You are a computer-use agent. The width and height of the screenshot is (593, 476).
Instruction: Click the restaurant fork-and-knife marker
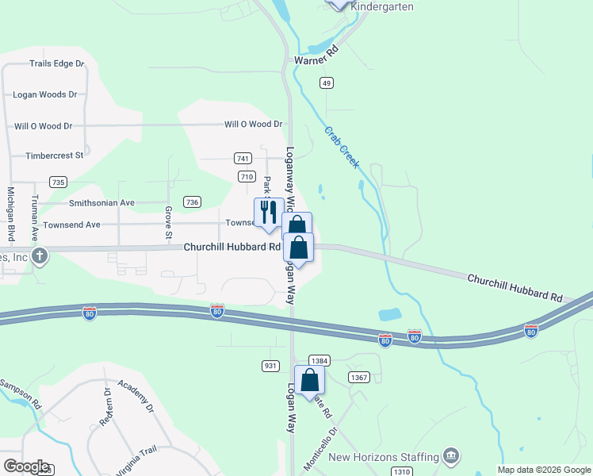click(268, 213)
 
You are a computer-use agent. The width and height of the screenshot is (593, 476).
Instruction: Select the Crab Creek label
click(342, 146)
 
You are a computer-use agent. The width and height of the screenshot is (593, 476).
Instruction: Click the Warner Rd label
click(316, 59)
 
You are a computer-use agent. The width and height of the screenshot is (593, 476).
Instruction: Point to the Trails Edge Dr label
click(57, 63)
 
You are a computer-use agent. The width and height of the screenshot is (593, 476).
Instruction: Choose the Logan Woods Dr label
click(44, 94)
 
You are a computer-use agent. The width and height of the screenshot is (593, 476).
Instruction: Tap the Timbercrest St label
click(54, 156)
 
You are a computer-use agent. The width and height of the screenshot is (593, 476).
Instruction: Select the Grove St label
click(168, 222)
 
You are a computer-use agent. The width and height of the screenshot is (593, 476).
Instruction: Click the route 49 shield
click(327, 83)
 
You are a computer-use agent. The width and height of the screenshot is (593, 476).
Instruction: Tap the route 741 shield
click(243, 159)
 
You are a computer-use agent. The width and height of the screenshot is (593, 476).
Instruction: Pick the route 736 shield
click(191, 202)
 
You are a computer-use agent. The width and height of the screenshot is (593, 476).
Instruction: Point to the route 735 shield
click(57, 182)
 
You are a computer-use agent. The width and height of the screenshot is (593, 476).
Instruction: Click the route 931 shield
click(270, 366)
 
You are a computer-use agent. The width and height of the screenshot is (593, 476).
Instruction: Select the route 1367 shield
click(359, 377)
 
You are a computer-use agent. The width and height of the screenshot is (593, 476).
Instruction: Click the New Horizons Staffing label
click(384, 457)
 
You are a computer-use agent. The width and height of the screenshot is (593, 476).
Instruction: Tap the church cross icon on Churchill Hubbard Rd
click(40, 255)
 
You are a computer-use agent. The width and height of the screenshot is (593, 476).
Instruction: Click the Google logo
click(27, 466)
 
